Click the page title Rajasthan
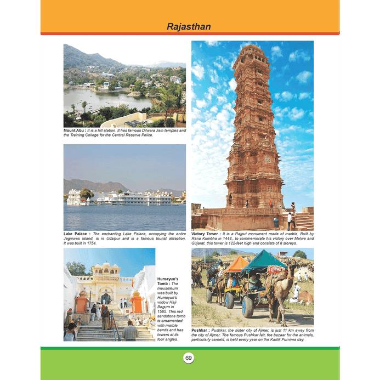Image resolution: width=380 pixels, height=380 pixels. pyautogui.click(x=189, y=26)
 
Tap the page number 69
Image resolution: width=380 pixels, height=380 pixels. pyautogui.click(x=189, y=358)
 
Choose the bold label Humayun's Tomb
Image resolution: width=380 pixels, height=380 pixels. pyautogui.click(x=168, y=282)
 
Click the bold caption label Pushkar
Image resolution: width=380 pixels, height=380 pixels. pyautogui.click(x=200, y=331)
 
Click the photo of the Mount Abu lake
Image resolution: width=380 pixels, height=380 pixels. pyautogui.click(x=124, y=85)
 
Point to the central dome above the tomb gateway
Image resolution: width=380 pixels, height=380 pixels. pyautogui.click(x=106, y=267)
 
